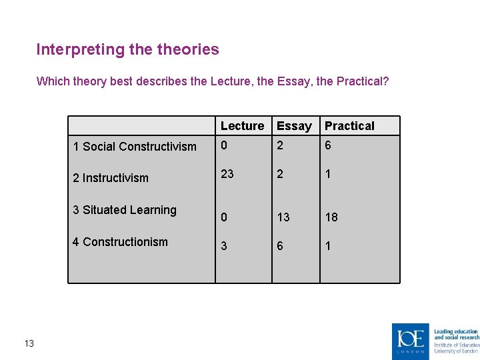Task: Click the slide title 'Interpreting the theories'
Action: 127,49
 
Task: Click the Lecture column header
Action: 242,126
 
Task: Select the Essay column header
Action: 294,126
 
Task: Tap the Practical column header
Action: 349,126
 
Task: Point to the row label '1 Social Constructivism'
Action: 135,147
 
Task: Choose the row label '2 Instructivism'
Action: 111,178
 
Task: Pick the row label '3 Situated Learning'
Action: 125,210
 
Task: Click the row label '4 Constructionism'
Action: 120,242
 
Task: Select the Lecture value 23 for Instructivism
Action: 227,173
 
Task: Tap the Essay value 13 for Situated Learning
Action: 283,217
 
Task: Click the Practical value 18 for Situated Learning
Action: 331,217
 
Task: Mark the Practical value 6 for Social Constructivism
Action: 328,146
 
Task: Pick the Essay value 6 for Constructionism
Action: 280,246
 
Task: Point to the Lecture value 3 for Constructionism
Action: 224,246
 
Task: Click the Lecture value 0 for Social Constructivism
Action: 224,146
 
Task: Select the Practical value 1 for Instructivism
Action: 327,173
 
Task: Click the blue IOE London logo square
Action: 411,341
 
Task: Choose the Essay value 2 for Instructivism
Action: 280,173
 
